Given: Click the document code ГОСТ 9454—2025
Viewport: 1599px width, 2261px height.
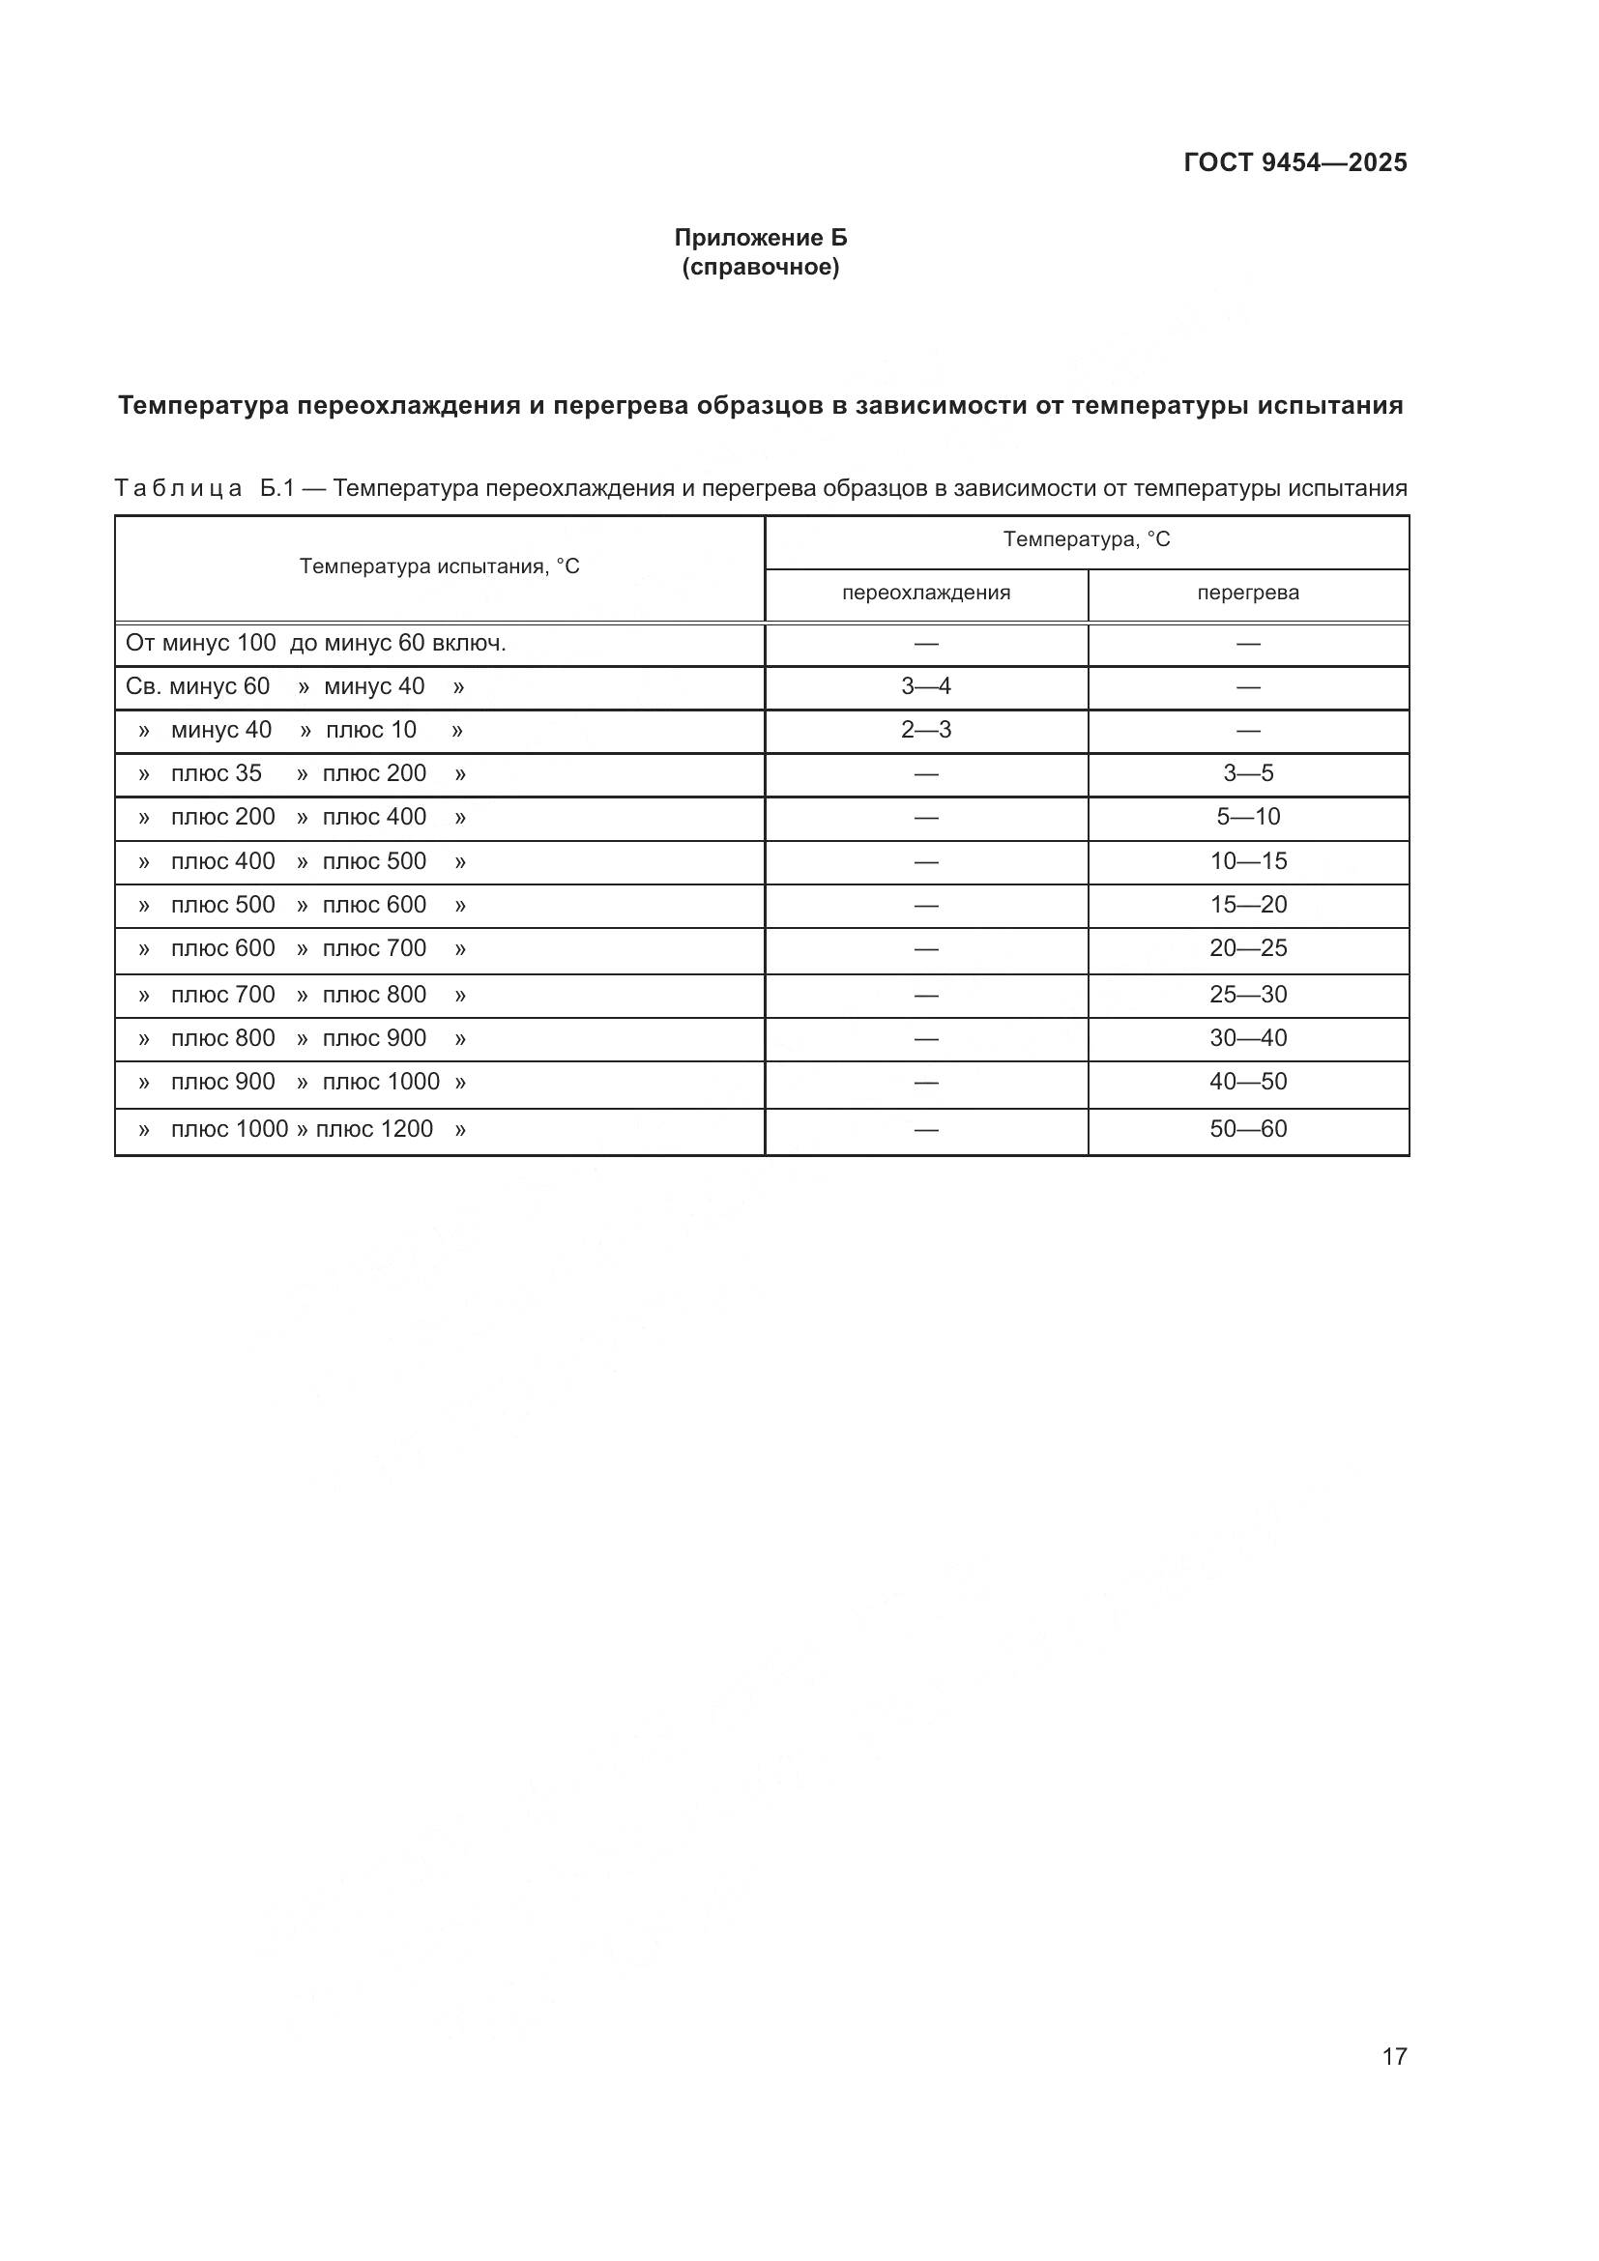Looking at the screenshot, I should (x=1294, y=162).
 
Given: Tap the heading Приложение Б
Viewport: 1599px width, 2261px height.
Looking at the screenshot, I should (x=760, y=238).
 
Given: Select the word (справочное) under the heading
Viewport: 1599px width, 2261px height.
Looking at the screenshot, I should (x=760, y=267).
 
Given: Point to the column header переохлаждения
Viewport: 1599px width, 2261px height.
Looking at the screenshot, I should (x=925, y=593).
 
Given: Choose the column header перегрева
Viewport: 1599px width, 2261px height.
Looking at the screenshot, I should (x=1247, y=593).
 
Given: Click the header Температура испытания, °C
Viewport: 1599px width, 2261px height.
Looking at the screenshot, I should (x=439, y=566).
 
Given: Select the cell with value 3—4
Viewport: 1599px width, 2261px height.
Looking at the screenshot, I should (x=925, y=686).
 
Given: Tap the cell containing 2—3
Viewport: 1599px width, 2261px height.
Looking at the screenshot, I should (x=925, y=730).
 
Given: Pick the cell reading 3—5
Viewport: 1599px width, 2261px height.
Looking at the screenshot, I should (x=1247, y=773).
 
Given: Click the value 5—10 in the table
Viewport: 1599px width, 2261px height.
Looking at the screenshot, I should (x=1247, y=817).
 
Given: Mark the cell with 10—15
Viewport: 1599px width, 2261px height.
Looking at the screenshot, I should (x=1247, y=860).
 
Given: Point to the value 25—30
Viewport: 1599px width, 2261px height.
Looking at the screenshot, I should (x=1247, y=995).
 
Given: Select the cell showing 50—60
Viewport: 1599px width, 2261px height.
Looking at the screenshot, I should (x=1247, y=1128).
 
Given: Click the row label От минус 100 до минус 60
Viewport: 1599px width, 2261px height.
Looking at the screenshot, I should (x=315, y=643).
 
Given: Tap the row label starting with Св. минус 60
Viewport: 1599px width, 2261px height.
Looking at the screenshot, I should (x=295, y=686).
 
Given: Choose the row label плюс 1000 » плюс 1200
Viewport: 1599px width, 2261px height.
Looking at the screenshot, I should (x=302, y=1128).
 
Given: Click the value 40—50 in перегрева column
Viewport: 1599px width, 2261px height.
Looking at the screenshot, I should (x=1247, y=1082).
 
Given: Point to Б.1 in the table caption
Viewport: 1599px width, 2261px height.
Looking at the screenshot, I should (x=277, y=488).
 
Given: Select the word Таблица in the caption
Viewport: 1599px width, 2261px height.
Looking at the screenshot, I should (x=178, y=488).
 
